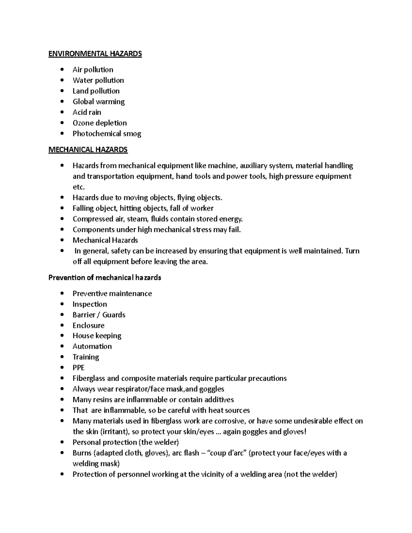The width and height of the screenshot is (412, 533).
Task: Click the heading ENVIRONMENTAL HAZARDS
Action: (95, 54)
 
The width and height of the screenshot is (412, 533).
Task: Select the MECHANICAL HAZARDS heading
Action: (88, 150)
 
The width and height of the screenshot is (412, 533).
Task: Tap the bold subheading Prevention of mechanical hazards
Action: (105, 278)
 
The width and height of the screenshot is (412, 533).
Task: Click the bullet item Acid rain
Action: (87, 112)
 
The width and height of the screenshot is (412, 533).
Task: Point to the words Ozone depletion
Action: (100, 123)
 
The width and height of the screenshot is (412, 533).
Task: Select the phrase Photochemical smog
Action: (107, 134)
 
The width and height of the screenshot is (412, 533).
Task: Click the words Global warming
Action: (99, 102)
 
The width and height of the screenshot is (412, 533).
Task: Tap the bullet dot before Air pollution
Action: (62, 70)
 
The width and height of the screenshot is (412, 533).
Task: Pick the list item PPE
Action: (79, 368)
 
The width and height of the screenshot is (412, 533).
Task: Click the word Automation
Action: (92, 346)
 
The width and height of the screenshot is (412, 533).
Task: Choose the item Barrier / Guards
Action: (99, 315)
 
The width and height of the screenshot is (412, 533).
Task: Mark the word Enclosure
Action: (89, 325)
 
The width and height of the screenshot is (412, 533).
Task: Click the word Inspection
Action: (90, 304)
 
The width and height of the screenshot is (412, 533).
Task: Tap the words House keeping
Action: (97, 336)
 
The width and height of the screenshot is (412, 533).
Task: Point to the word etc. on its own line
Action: (78, 187)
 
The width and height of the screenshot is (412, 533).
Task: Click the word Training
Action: (86, 357)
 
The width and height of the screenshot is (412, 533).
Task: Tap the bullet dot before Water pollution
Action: (62, 80)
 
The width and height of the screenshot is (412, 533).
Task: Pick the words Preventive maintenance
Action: (112, 293)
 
